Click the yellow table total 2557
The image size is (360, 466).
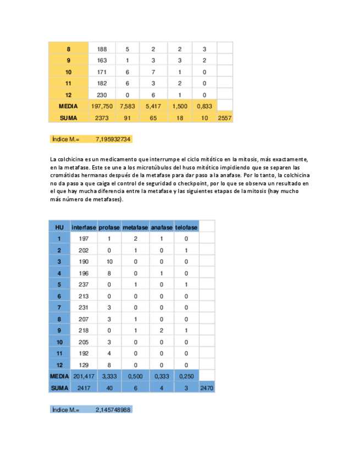click(225, 118)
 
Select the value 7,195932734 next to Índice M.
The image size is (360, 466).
click(113, 140)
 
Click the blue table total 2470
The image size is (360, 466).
click(207, 388)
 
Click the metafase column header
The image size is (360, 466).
click(135, 227)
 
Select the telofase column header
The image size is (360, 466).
click(186, 227)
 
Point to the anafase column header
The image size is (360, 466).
click(162, 227)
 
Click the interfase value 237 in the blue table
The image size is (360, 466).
click(84, 285)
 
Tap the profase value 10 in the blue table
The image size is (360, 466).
click(109, 262)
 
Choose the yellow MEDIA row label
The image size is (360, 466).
click(68, 106)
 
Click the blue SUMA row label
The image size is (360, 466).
click(59, 388)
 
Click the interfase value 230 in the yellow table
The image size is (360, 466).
click(102, 95)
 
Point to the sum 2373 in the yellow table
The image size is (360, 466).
click(102, 118)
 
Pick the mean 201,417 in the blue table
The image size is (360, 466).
click(84, 376)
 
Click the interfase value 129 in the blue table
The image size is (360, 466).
click(84, 365)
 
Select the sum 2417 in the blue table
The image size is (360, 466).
click(84, 388)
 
